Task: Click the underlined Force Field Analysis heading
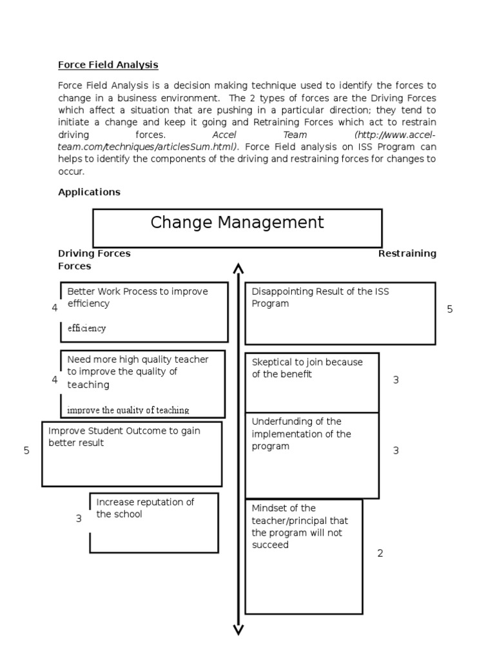[108, 65]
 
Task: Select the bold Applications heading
[89, 192]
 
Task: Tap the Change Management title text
[237, 223]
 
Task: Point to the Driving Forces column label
[94, 253]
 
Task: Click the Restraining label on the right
[407, 253]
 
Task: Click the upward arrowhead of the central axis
[238, 268]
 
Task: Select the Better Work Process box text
[137, 297]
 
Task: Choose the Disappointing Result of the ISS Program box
[340, 313]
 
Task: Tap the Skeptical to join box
[311, 382]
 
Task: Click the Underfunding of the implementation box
[311, 455]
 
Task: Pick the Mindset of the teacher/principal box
[303, 556]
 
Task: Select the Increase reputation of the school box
[153, 522]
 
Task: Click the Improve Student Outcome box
[131, 453]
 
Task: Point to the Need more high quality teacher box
[142, 383]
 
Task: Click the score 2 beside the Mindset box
[380, 553]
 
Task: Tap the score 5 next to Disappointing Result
[450, 309]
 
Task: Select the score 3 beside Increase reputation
[79, 518]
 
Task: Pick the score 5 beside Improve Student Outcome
[26, 451]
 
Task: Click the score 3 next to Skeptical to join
[396, 380]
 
